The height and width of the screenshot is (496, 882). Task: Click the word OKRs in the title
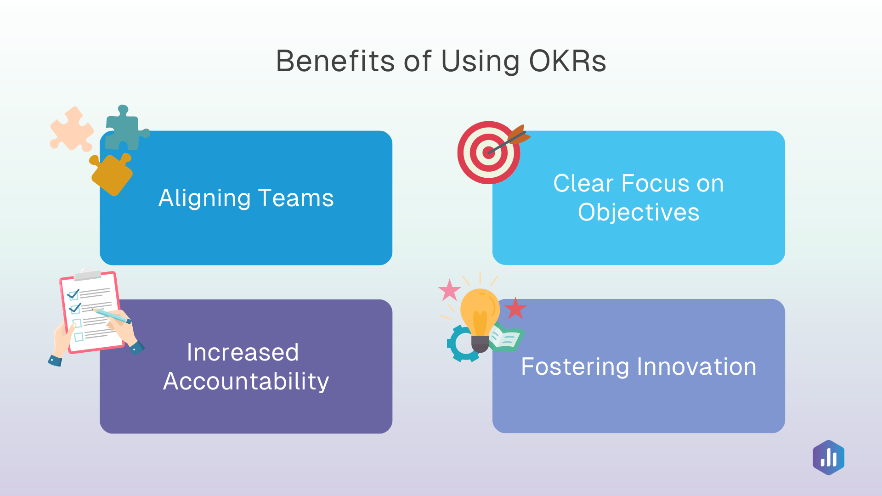click(x=567, y=61)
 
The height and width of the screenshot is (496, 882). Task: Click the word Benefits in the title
click(x=335, y=61)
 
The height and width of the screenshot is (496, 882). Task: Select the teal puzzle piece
click(x=123, y=131)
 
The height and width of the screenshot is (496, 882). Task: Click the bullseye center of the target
click(x=488, y=153)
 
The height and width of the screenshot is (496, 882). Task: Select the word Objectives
click(x=639, y=213)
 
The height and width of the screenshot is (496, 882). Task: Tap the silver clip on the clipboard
click(x=87, y=275)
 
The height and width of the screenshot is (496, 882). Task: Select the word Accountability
click(x=246, y=382)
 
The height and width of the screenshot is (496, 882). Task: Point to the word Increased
click(x=243, y=353)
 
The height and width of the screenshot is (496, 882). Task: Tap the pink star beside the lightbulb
click(x=449, y=290)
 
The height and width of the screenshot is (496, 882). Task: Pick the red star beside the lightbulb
click(x=515, y=309)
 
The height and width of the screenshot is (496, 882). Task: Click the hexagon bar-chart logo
click(x=828, y=457)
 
